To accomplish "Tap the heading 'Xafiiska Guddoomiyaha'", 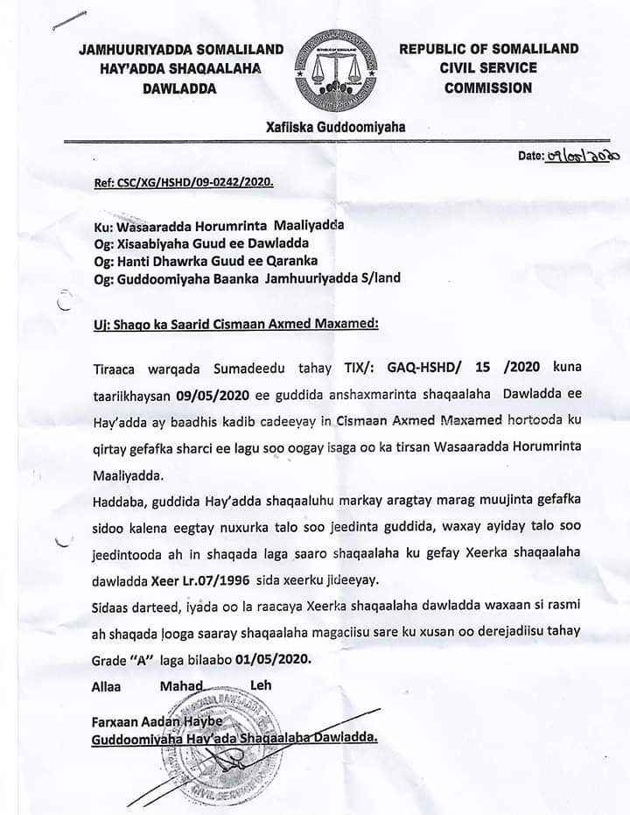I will pyautogui.click(x=335, y=127).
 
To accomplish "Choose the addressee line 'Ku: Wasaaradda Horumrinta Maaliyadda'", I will pyautogui.click(x=218, y=224).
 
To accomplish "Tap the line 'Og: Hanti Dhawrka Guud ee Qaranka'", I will pyautogui.click(x=204, y=260).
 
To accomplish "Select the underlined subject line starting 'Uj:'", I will pyautogui.click(x=235, y=325).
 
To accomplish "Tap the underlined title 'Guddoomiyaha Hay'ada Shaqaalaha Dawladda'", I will pyautogui.click(x=234, y=739).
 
